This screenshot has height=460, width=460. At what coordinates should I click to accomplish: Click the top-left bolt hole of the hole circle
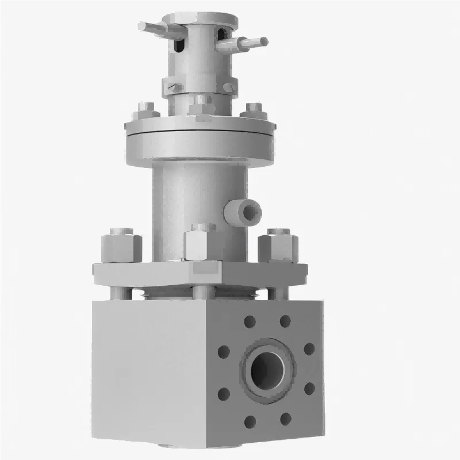[x=250, y=321]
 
